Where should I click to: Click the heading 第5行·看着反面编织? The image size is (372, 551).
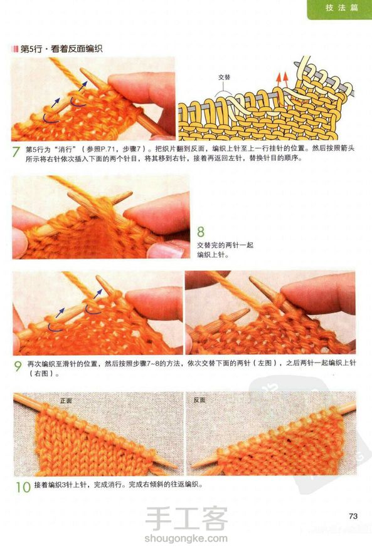point(61,49)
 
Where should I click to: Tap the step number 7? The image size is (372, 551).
point(16,152)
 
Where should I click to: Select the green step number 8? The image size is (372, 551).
point(200,232)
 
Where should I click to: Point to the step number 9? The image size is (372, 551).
point(18,366)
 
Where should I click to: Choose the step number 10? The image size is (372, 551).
point(23,487)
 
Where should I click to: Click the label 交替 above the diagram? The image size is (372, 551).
point(224,77)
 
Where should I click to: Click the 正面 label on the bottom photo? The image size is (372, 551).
point(66,401)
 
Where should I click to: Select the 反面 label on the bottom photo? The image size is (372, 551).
point(199,400)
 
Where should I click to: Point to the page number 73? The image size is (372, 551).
point(353,516)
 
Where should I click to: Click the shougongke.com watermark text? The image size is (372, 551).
point(186,538)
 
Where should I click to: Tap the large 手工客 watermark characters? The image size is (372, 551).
point(186,519)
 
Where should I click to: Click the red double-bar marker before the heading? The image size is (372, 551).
point(15,49)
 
